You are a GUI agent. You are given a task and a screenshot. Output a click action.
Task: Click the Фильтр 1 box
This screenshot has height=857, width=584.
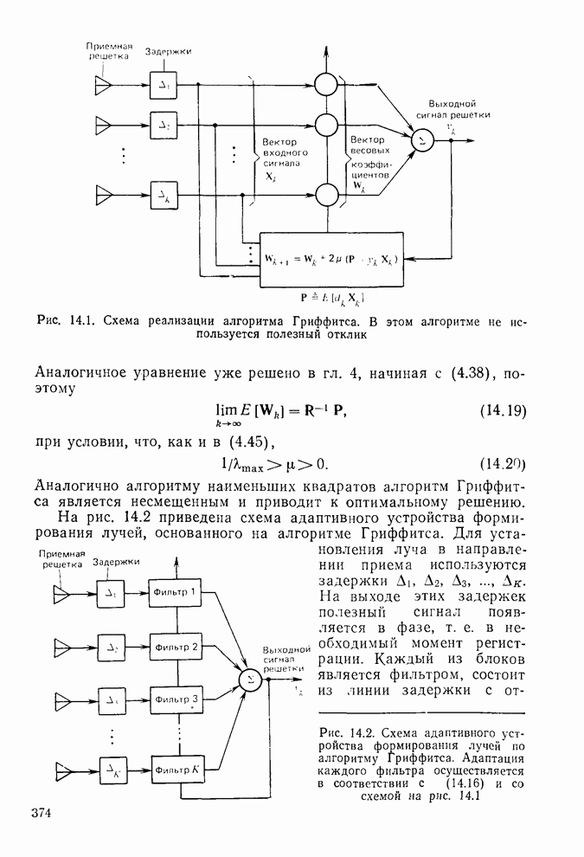point(177,593)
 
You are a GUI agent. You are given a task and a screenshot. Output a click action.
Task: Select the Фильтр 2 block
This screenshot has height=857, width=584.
point(177,646)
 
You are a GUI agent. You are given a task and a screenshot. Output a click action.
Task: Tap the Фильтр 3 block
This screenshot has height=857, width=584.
point(177,699)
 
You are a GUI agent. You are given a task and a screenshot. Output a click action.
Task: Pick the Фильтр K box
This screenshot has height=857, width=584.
point(177,768)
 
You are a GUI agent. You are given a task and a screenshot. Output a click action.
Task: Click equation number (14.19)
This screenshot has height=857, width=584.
point(503,410)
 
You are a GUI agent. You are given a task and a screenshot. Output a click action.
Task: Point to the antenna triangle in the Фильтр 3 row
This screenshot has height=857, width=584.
point(65,699)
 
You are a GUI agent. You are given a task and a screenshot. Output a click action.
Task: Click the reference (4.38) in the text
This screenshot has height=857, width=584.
point(471,374)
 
